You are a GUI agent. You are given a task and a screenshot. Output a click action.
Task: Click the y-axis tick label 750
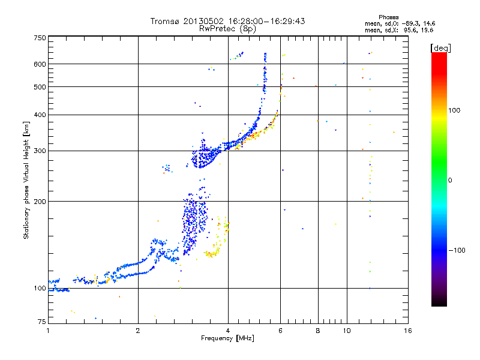[40, 38]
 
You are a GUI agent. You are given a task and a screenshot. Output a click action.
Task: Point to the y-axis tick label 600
[40, 64]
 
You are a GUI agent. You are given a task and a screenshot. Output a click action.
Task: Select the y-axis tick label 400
[40, 115]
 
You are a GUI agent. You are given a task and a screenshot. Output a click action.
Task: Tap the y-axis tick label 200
[40, 202]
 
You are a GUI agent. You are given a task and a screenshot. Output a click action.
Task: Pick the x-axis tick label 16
[407, 331]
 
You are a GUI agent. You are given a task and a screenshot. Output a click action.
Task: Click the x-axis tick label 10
[346, 331]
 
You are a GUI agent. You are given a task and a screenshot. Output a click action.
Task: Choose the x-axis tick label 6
[280, 331]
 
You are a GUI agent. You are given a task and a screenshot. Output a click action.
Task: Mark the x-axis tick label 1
[49, 331]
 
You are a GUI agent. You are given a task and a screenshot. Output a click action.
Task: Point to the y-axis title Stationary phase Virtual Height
[26, 180]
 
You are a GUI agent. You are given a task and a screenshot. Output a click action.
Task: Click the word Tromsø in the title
[166, 22]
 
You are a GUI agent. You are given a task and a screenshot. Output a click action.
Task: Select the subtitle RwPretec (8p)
[228, 28]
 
